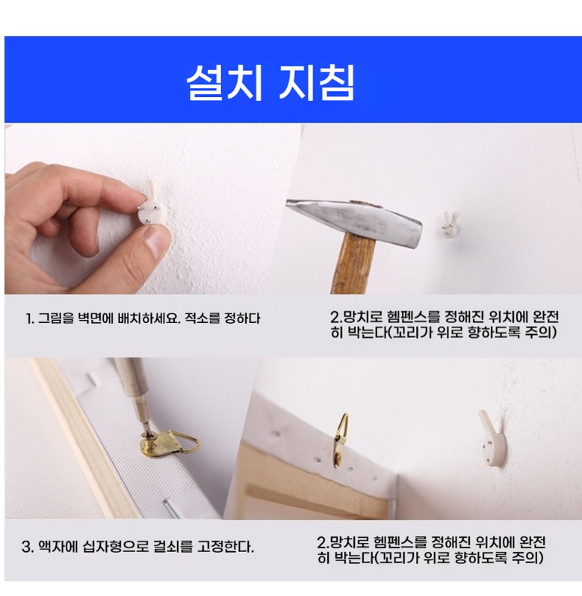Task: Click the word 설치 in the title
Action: coord(225,82)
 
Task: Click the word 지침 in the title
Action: coord(316,82)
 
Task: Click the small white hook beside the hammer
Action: coord(451,225)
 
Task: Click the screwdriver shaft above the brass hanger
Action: coord(134,395)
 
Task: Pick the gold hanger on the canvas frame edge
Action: coord(341,439)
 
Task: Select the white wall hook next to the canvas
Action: coord(492,438)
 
